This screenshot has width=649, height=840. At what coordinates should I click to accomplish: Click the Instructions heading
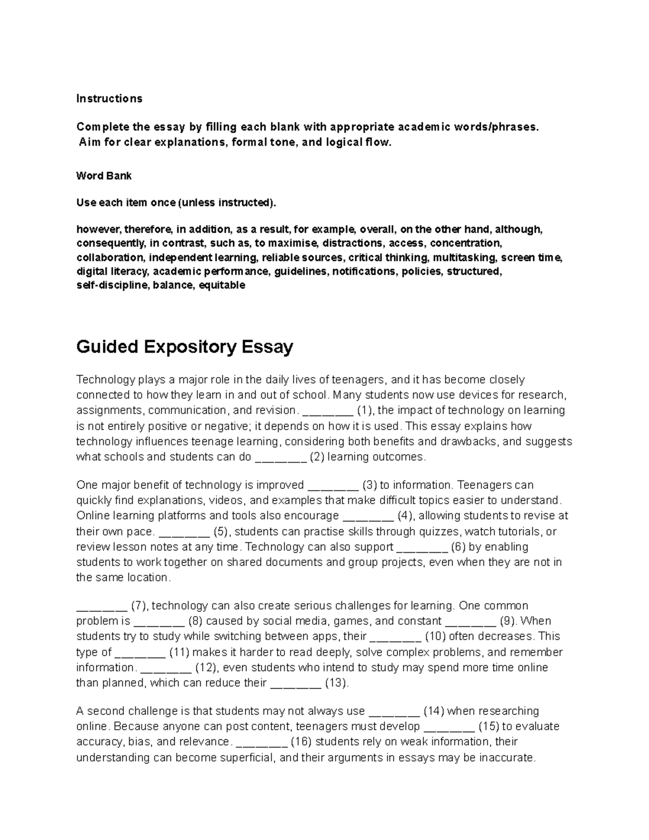pyautogui.click(x=109, y=98)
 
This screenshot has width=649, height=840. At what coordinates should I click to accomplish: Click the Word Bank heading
pyautogui.click(x=104, y=176)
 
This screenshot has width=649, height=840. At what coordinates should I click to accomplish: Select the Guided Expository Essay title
pyautogui.click(x=184, y=347)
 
